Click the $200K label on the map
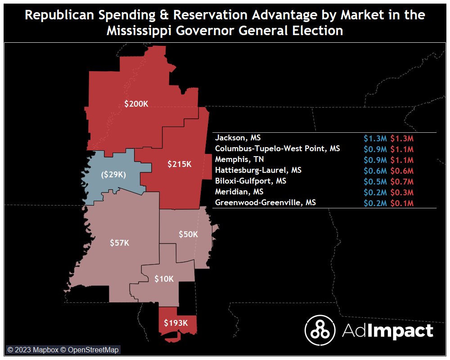[136, 104]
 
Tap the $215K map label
[180, 164]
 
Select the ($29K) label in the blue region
[112, 174]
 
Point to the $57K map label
[120, 243]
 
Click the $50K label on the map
[188, 234]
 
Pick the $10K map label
[164, 279]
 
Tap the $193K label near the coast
[175, 323]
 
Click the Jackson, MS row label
[238, 138]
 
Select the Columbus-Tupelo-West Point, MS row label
[277, 148]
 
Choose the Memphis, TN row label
[239, 159]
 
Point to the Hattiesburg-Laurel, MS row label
[258, 171]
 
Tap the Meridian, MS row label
[239, 192]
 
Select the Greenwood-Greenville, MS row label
[265, 203]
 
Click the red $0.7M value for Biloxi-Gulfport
[402, 181]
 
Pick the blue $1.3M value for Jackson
[375, 138]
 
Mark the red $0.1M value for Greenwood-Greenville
[402, 203]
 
